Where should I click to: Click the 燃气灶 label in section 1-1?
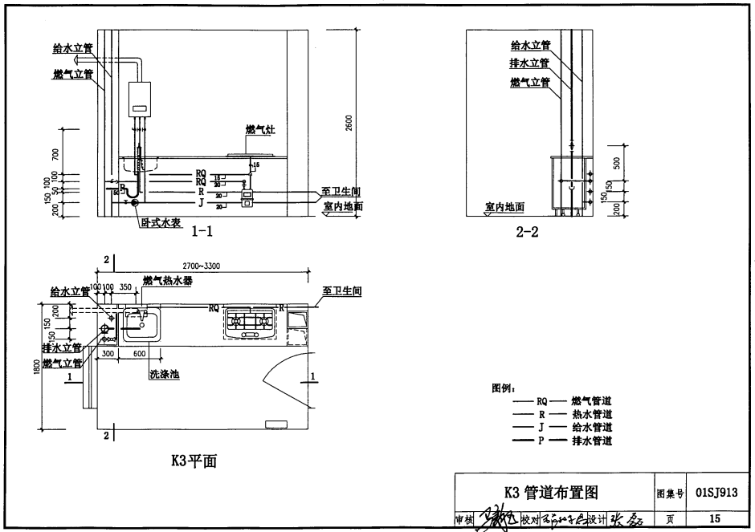tap(260, 129)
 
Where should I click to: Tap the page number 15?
tap(716, 519)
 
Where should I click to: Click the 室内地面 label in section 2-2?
tap(504, 206)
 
